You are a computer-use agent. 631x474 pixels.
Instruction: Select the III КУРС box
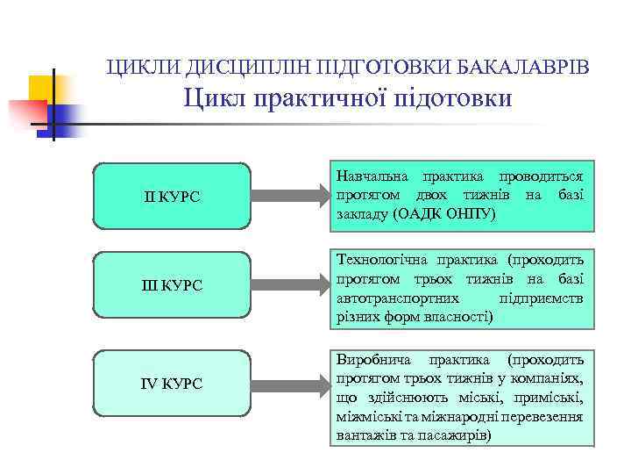(172, 285)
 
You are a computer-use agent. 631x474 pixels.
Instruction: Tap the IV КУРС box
(172, 383)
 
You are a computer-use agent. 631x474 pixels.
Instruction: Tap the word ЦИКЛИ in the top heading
(134, 67)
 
